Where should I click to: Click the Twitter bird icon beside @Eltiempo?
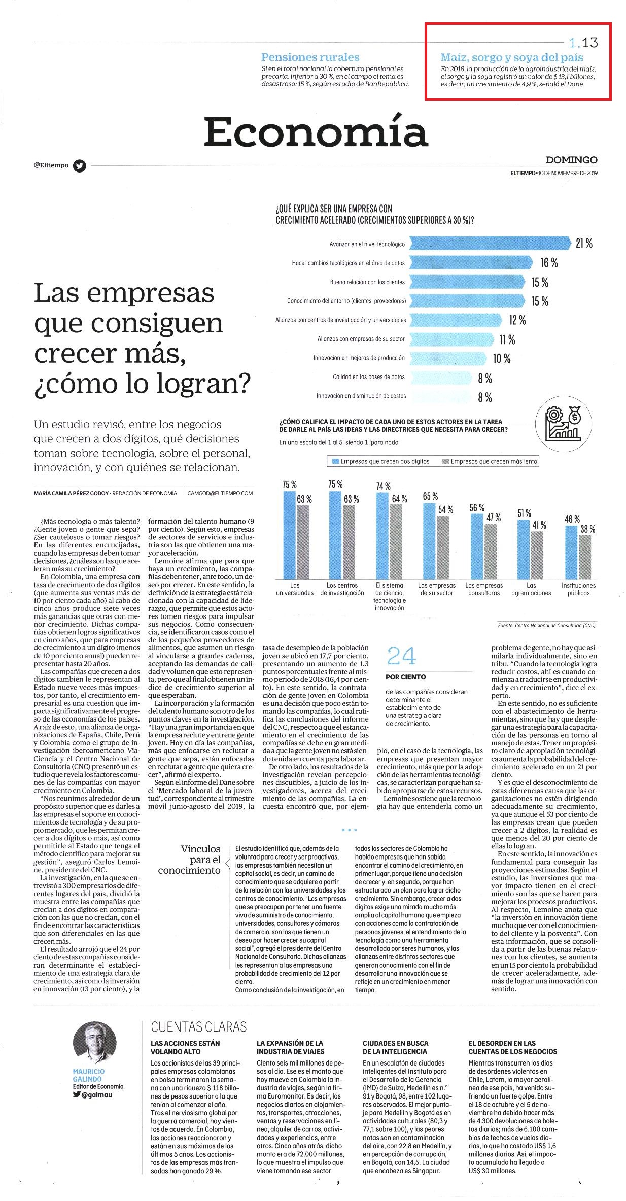[80, 165]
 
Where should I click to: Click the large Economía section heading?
[316, 132]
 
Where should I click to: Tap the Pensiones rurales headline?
[310, 57]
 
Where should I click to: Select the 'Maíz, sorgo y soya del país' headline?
[512, 57]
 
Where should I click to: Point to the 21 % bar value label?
[584, 244]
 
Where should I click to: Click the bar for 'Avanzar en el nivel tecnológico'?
[490, 244]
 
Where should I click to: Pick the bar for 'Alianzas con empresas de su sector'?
[451, 339]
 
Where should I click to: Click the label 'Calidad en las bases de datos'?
[369, 377]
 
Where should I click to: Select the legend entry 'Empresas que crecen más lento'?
[490, 461]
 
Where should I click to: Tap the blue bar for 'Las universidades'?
[289, 535]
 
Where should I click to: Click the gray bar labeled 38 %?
[585, 557]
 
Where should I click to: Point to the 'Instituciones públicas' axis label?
[578, 589]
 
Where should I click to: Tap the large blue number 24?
[401, 656]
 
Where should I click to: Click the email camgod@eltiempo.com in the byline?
[220, 493]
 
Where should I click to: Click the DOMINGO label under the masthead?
[572, 160]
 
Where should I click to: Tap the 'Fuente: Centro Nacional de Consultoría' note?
[546, 625]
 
